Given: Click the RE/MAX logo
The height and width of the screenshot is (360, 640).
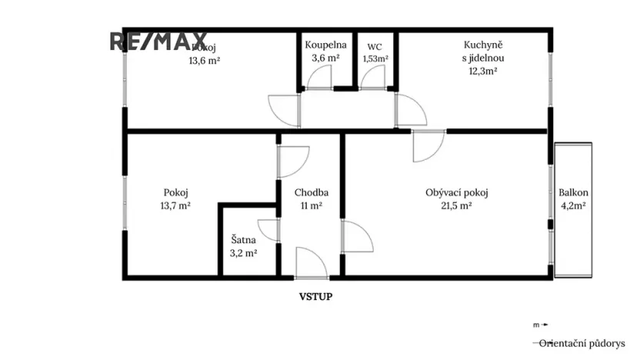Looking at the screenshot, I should [158, 41].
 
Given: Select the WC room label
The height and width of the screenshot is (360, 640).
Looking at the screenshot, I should [375, 45].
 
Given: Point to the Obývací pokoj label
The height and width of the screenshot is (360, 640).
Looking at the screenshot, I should [458, 193].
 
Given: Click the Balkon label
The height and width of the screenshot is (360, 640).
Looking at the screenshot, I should [574, 193].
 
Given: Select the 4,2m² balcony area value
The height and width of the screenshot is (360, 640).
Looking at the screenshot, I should [573, 206].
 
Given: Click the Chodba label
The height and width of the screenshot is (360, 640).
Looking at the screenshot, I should [312, 193].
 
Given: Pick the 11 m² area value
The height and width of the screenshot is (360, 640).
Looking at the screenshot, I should [311, 206].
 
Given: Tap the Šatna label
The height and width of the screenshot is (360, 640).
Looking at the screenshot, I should [244, 240].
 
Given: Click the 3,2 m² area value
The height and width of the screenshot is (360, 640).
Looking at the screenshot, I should [244, 252].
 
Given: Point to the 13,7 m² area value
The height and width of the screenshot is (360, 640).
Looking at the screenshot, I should [176, 206].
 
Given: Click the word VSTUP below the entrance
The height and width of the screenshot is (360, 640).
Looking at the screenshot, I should [316, 295].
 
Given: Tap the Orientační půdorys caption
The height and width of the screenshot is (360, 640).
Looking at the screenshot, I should [582, 343].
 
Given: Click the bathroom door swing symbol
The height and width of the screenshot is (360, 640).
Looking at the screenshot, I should [318, 78].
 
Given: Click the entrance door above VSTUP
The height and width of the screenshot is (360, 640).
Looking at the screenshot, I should [309, 262].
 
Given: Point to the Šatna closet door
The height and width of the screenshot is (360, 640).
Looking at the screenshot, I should [268, 231].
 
